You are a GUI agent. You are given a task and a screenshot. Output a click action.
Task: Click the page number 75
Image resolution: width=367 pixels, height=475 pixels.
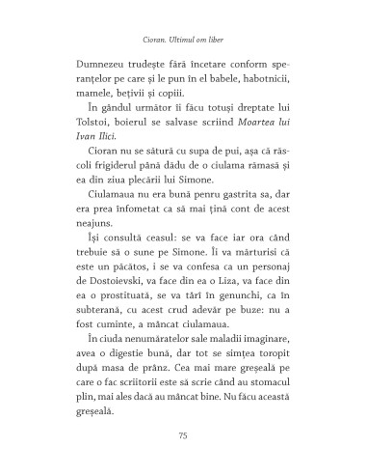183,436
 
